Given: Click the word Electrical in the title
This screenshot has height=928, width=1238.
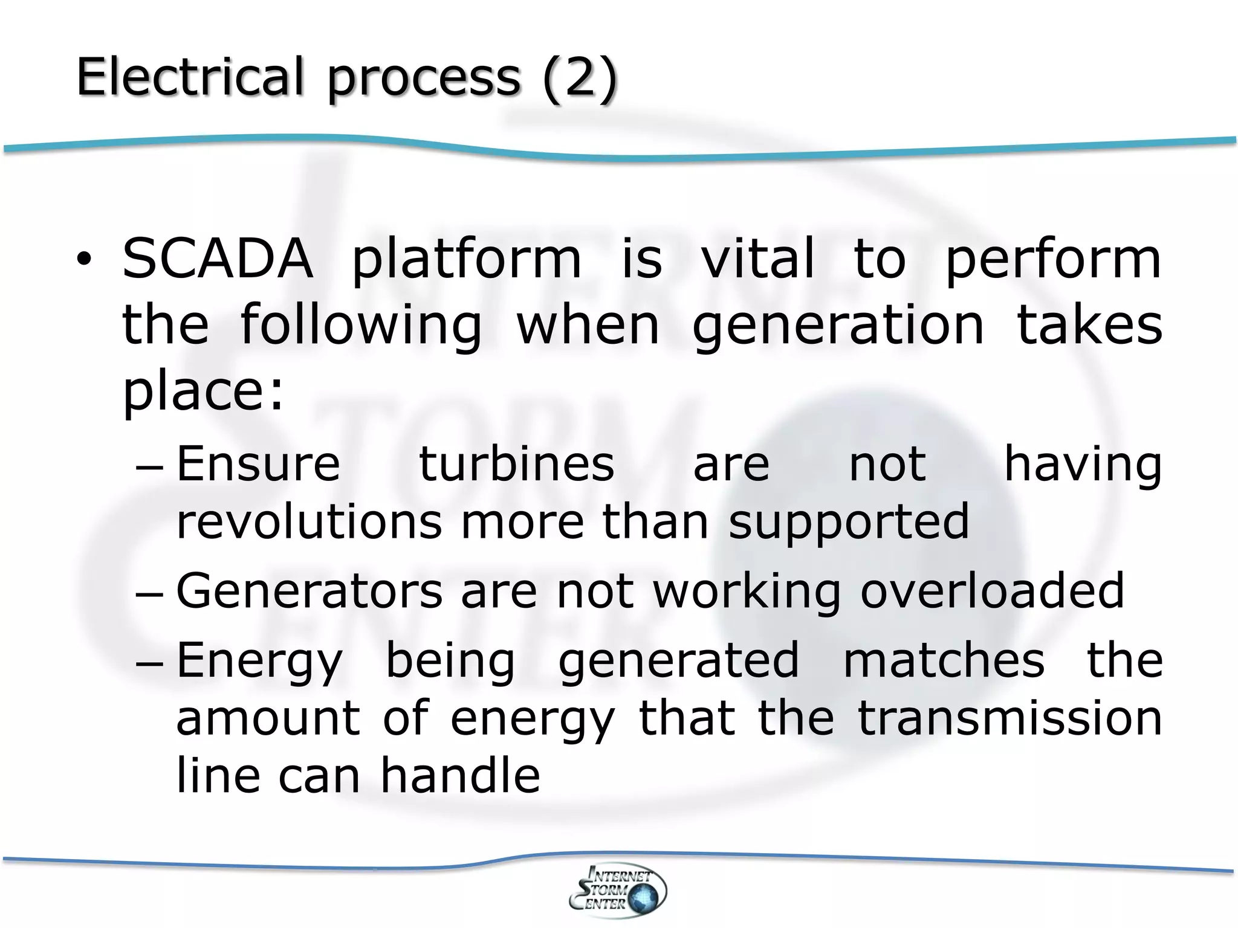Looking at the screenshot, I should click(189, 77).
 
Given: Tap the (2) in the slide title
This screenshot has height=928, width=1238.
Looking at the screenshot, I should click(580, 78).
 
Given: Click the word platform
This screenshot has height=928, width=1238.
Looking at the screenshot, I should click(466, 261).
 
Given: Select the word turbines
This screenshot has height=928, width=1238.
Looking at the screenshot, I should click(517, 464).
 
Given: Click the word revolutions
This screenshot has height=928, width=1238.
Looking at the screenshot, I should click(309, 521).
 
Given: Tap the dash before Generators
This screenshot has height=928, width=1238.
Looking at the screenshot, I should click(150, 593).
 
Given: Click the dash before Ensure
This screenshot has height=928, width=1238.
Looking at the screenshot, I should click(150, 466).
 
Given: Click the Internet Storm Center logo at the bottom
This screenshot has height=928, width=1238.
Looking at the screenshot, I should click(618, 889).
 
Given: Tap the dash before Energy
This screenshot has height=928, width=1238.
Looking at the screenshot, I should click(150, 662).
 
